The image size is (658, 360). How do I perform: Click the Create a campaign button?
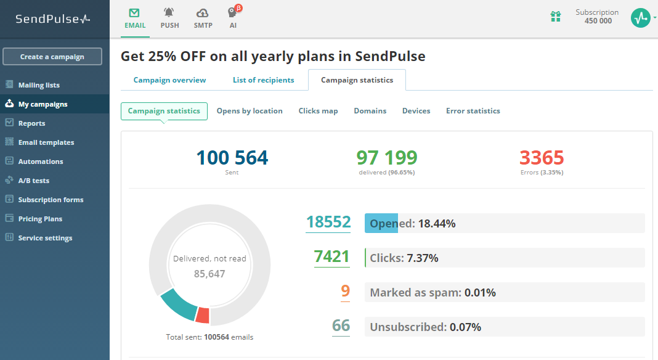point(52,57)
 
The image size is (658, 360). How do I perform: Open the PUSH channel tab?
point(169,18)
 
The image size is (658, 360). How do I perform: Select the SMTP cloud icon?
point(203,13)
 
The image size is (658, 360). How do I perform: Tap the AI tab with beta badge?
point(233,18)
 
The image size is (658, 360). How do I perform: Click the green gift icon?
point(556,17)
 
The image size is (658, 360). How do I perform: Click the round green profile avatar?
point(640,18)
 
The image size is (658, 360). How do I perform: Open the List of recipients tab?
point(263,80)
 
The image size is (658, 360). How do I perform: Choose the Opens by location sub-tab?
point(250,111)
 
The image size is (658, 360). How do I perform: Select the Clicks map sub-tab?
point(318,111)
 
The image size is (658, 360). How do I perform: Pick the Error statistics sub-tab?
point(473,111)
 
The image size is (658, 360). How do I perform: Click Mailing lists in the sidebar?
point(39,85)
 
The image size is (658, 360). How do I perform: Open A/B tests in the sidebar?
point(33,181)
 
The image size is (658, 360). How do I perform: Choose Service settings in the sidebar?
point(45,238)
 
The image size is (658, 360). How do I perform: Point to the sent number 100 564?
point(232,158)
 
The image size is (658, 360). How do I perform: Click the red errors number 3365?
point(541,158)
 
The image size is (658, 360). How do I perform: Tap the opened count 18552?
point(328,223)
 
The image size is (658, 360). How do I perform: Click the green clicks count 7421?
point(331,256)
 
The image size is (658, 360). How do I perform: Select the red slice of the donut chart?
point(202,316)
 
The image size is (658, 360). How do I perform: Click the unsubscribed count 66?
point(341,325)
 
